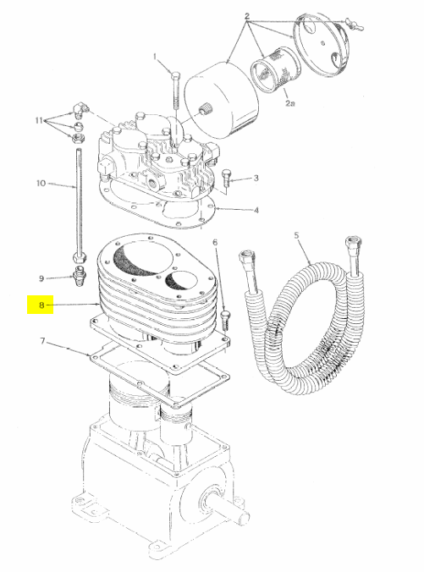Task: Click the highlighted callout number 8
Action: point(41,305)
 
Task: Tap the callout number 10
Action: point(41,183)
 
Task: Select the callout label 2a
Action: point(289,103)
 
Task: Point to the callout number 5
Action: point(296,235)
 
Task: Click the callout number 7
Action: point(42,341)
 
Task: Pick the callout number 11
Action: point(40,120)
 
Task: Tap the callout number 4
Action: point(256,210)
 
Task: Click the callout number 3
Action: point(256,178)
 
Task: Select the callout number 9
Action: point(41,278)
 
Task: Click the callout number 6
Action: point(215,242)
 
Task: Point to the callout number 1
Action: point(155,57)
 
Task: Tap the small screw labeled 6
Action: point(226,320)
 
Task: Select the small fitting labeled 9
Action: point(80,277)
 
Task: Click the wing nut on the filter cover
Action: point(353,25)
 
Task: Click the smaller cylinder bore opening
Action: point(181,281)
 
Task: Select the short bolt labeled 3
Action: point(226,178)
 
